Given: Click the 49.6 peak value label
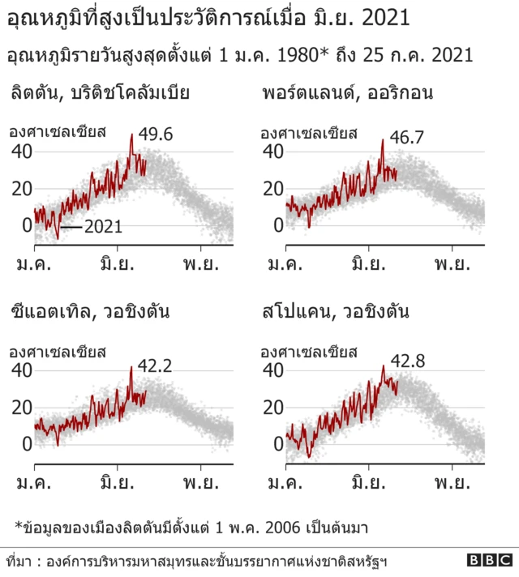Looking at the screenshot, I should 156,135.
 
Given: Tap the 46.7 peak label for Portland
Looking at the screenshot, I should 407,137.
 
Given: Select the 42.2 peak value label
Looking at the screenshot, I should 155,366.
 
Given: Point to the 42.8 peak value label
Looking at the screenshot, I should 407,358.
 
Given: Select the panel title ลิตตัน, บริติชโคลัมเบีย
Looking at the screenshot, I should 100,92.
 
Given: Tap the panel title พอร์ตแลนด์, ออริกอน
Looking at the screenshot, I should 347,92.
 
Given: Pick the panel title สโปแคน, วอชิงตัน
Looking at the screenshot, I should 335,312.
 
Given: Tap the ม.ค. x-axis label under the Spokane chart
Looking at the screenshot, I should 286,484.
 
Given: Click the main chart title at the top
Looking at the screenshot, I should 208,19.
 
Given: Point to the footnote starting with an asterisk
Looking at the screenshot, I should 191,528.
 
